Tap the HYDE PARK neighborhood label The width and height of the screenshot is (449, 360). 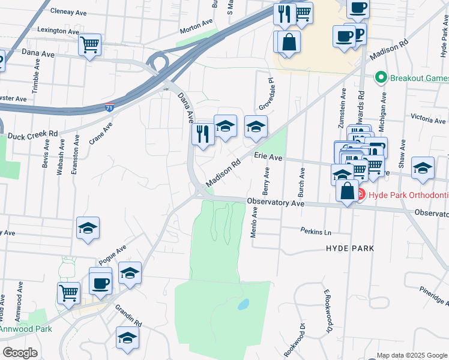tap(350, 248)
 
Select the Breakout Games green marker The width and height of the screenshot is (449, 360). tap(380, 78)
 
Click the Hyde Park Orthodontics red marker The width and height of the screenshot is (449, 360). tap(360, 194)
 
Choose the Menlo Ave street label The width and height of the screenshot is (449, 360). tap(254, 222)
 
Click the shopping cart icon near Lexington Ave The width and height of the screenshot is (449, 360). tap(89, 44)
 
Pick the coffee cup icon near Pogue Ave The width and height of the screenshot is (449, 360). tap(100, 283)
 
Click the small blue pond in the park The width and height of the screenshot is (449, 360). tap(243, 304)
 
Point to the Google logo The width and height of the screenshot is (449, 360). tap(20, 353)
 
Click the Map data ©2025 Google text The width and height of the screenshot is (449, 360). tap(412, 355)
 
